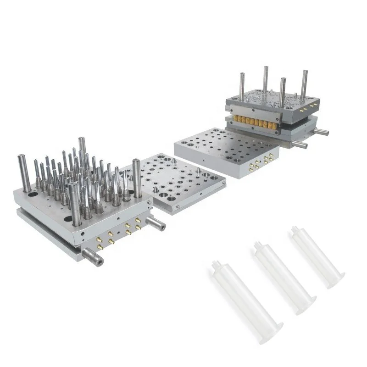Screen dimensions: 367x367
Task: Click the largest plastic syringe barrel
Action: tap(248, 298)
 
